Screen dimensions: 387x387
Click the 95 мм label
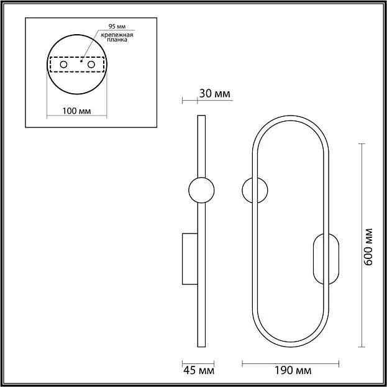117,26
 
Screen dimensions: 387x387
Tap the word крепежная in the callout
117,35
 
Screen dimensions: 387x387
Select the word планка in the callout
117,40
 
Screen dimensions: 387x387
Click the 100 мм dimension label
76,111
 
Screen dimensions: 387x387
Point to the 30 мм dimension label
214,94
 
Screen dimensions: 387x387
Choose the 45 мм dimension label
199,370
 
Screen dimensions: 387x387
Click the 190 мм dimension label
293,370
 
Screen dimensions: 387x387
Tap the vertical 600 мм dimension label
368,247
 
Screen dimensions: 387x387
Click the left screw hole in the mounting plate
64,65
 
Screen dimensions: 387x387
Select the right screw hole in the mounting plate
91,65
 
